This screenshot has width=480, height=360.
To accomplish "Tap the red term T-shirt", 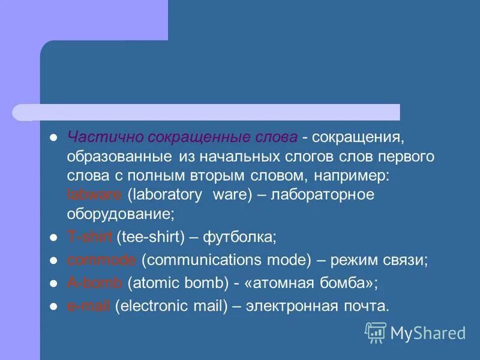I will point(89,237).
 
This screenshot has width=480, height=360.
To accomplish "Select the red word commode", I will point(101,260).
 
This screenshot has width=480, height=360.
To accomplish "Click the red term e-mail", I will point(88,305).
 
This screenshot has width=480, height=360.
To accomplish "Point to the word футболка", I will point(239,237).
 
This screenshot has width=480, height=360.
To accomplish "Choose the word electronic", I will point(152,305).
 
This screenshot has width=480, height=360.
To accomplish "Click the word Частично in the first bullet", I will point(96,137).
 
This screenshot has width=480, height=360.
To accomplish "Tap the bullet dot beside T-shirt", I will point(53,238).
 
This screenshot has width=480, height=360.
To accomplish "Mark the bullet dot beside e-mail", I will point(53,306).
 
